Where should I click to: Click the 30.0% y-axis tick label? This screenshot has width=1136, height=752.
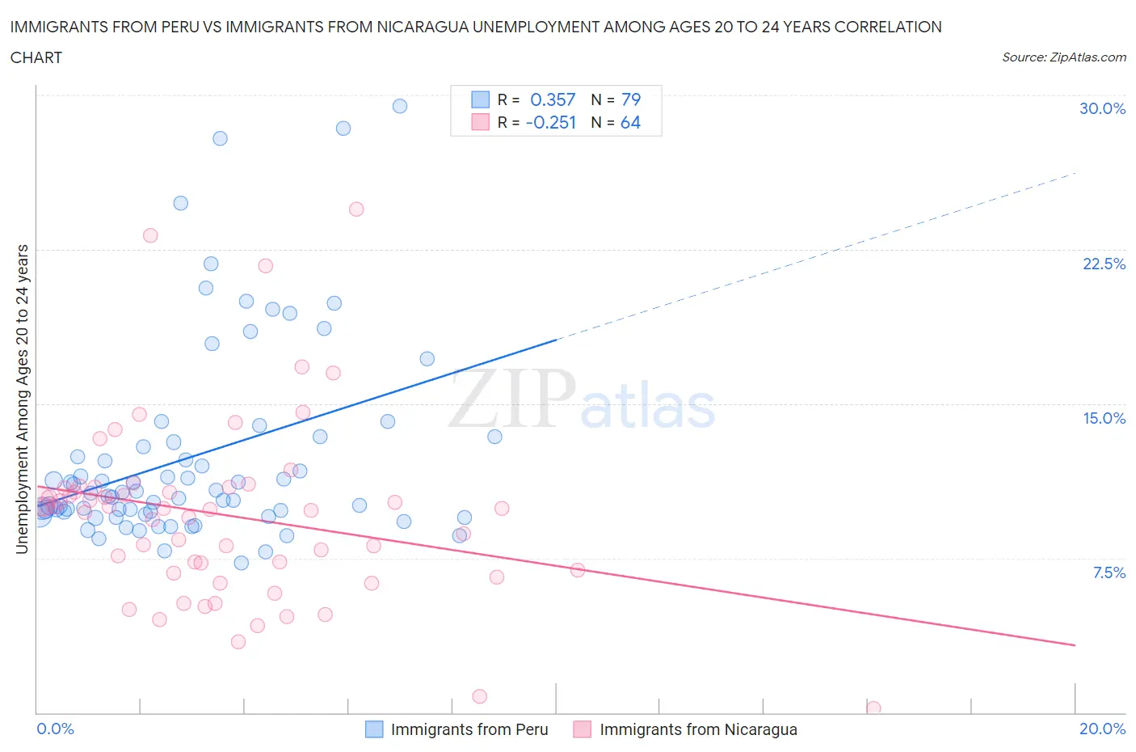tap(1102, 108)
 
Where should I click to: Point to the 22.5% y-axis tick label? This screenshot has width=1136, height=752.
tap(1104, 264)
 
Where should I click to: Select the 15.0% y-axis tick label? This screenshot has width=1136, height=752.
tap(1104, 418)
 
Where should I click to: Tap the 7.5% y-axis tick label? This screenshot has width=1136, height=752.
tap(1109, 572)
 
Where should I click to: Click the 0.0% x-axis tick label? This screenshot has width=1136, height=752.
tap(55, 729)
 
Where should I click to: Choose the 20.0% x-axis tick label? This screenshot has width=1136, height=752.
tap(1102, 729)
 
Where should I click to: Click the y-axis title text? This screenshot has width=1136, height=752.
tap(22, 399)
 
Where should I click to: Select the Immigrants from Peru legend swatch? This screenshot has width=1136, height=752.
tap(374, 729)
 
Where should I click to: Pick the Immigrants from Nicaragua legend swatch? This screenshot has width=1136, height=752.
tap(582, 729)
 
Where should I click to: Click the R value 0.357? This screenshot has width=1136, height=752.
tap(553, 99)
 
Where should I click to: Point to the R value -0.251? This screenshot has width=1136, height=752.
tap(550, 122)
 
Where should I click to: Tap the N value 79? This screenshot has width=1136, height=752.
tap(630, 99)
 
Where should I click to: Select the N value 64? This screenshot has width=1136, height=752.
tap(630, 122)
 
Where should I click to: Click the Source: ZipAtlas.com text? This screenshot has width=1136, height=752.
tap(1063, 57)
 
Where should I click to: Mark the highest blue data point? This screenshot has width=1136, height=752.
tap(399, 106)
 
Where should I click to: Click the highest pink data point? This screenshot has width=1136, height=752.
tap(356, 209)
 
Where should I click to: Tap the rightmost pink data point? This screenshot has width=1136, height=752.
tap(873, 708)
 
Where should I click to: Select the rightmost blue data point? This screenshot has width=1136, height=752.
tap(494, 437)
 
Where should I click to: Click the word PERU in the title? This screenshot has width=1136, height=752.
tap(203, 27)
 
